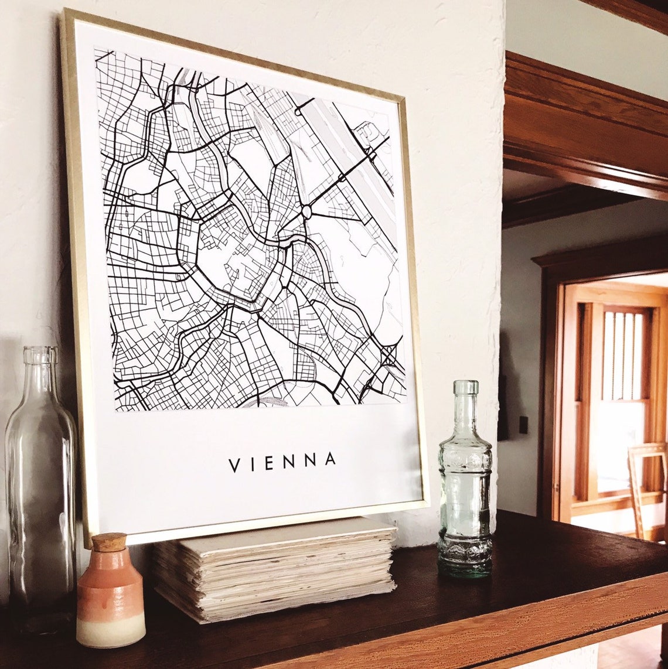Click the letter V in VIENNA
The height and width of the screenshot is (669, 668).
click(234, 466)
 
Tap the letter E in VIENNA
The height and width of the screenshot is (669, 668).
click(269, 463)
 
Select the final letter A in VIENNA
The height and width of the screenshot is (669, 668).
click(330, 459)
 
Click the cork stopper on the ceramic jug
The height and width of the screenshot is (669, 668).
click(110, 542)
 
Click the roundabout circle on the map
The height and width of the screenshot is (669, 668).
click(306, 211)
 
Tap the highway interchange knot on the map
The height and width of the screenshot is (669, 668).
click(388, 355)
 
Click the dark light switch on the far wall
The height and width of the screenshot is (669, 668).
click(523, 424)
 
